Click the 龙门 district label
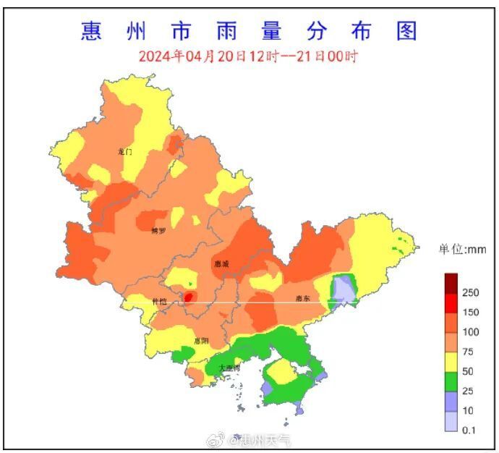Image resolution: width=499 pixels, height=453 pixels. click(x=125, y=152)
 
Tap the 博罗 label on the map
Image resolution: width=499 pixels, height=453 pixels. click(x=158, y=232)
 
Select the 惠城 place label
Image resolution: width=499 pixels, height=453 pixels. click(x=221, y=265)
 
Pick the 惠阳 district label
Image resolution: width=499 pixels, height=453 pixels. click(x=201, y=340)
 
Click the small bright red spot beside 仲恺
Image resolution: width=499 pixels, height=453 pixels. click(x=189, y=297)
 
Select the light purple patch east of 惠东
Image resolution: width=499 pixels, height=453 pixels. click(x=344, y=290)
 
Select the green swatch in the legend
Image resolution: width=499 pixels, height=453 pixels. click(x=451, y=381)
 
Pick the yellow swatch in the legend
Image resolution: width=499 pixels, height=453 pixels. click(x=451, y=362)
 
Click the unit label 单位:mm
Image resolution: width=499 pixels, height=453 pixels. click(x=462, y=250)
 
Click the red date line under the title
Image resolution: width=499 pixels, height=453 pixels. click(x=248, y=56)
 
